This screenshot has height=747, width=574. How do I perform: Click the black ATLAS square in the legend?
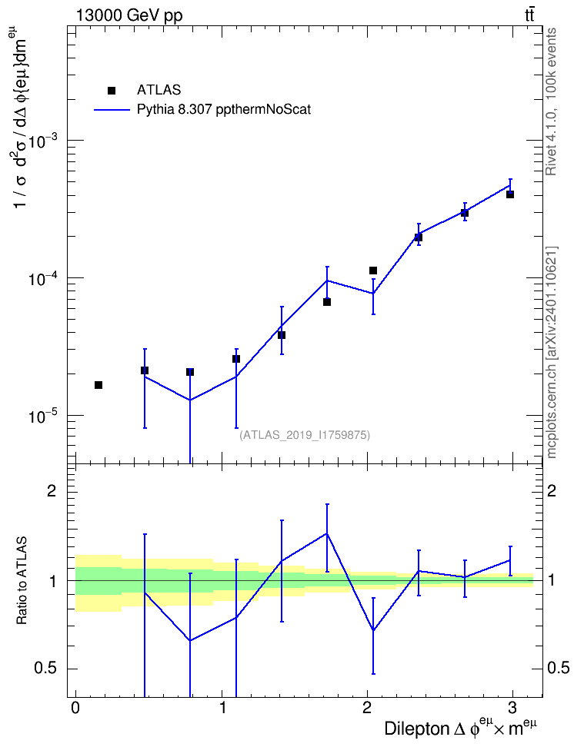tap(111, 91)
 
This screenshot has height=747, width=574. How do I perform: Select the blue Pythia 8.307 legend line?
tap(112, 110)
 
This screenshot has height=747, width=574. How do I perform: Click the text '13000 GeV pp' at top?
tap(128, 15)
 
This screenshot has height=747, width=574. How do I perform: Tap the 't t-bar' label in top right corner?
tap(529, 15)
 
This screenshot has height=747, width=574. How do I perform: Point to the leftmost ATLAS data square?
tap(98, 385)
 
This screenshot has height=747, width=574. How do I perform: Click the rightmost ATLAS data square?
tap(510, 194)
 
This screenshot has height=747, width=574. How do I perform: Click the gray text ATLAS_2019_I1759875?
tap(305, 435)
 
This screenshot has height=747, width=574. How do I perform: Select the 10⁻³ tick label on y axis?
tap(42, 140)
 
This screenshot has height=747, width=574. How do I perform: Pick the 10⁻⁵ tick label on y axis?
tap(42, 415)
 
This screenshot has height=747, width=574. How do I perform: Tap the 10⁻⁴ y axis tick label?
tap(42, 277)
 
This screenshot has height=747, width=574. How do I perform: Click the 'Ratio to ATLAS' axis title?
tap(22, 580)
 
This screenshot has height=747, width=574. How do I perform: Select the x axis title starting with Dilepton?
tap(461, 728)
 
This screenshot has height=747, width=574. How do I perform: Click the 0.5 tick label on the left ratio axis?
tap(45, 669)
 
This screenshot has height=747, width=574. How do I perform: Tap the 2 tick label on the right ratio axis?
tap(552, 490)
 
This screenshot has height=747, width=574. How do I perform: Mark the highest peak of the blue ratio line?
tap(327, 533)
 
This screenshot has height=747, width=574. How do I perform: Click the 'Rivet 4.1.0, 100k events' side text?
tap(551, 101)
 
